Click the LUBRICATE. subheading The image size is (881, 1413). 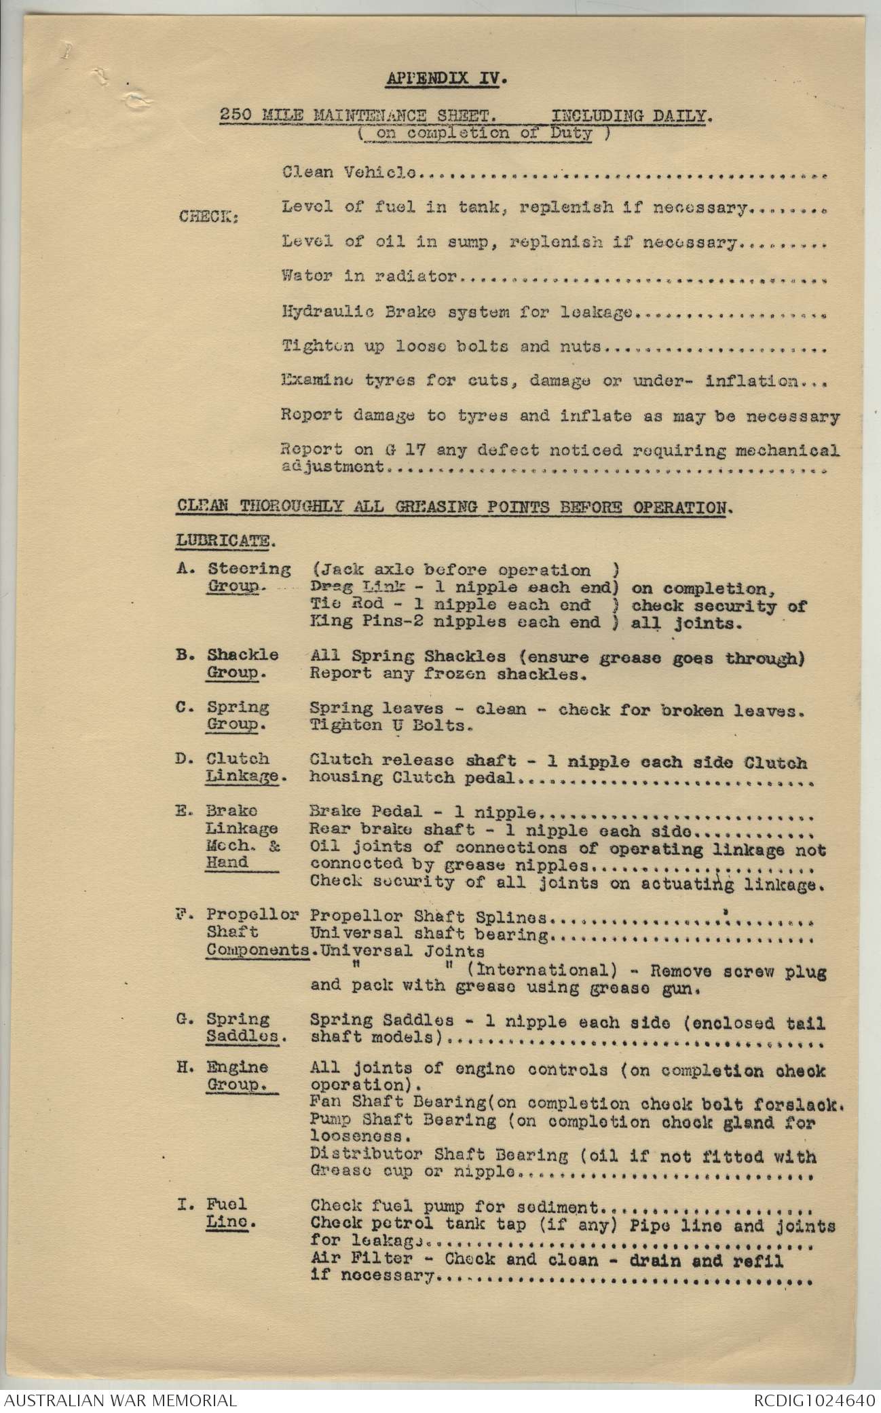click(x=226, y=541)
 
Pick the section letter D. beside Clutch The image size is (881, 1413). click(x=185, y=759)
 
